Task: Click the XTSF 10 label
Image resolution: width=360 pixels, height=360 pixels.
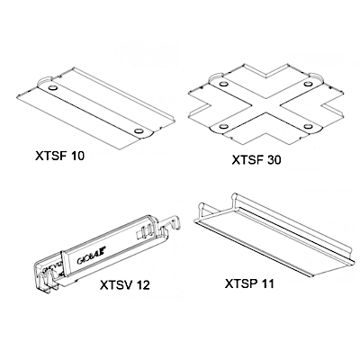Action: tap(60, 156)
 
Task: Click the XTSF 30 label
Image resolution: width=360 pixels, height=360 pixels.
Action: tap(256, 160)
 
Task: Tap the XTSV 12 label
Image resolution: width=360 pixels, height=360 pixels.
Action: tap(125, 284)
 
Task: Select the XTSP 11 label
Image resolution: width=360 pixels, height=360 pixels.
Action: tap(249, 283)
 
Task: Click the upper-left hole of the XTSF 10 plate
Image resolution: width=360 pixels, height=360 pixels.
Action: tap(52, 88)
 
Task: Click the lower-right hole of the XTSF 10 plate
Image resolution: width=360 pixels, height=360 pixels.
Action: tap(139, 131)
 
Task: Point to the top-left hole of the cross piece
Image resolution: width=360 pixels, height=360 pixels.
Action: tap(223, 84)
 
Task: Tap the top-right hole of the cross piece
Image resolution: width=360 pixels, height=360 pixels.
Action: tap(307, 85)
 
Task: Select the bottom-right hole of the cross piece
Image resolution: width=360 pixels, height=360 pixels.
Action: tap(307, 126)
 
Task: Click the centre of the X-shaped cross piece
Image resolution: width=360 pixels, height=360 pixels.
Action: tap(265, 105)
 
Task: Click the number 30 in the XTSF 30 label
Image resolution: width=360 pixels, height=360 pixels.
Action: tap(274, 160)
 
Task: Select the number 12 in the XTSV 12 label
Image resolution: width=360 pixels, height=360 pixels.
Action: tap(142, 284)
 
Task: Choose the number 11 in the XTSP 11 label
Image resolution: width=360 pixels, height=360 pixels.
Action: tap(267, 283)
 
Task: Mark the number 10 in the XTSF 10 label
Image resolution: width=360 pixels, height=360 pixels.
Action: tap(77, 156)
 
